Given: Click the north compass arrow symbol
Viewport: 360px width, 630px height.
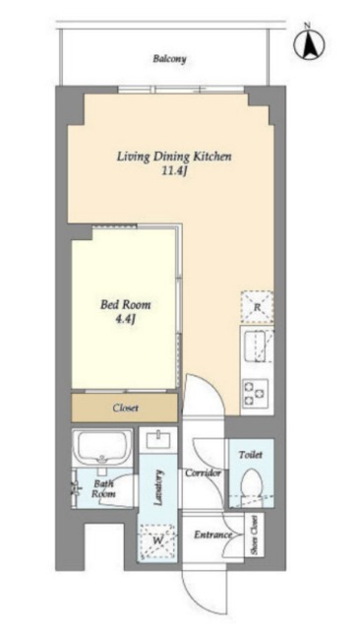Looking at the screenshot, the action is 309,43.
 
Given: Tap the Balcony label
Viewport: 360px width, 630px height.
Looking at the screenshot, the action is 170,59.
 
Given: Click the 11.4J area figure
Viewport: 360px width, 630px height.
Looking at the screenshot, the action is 174,171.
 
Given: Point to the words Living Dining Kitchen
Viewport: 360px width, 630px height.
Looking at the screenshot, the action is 174,157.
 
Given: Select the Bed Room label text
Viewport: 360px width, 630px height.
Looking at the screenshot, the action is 126,304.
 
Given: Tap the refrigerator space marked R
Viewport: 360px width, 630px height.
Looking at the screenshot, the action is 258,307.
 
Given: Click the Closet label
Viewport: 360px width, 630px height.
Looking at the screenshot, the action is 125,408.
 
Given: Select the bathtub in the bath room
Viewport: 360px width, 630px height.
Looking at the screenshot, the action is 102,448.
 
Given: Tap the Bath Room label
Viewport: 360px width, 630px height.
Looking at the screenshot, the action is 103,488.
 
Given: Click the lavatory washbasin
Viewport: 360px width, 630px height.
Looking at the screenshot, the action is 158,440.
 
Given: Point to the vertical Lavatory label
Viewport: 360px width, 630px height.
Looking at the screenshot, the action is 158,487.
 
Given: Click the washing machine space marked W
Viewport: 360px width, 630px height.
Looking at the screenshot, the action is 157,540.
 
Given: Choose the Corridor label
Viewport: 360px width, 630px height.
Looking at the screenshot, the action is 203,472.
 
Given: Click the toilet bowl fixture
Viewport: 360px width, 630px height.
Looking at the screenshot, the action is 251,482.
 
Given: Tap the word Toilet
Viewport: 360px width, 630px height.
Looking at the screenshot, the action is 251,455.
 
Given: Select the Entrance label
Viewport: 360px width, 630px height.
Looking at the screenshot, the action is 213,535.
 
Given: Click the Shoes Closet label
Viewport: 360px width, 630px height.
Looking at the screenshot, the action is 254,535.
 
